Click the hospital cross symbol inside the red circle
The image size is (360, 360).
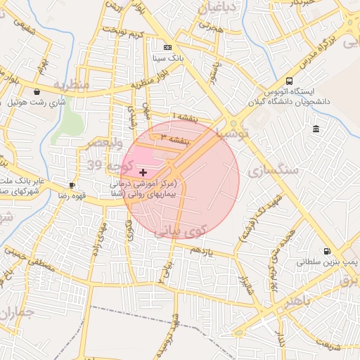(143, 172)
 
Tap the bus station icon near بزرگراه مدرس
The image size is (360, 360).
(290, 81)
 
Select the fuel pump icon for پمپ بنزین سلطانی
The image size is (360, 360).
(326, 251)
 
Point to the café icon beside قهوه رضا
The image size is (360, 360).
(72, 186)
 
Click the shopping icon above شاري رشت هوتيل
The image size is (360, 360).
(37, 91)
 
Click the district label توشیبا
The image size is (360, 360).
(233, 132)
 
